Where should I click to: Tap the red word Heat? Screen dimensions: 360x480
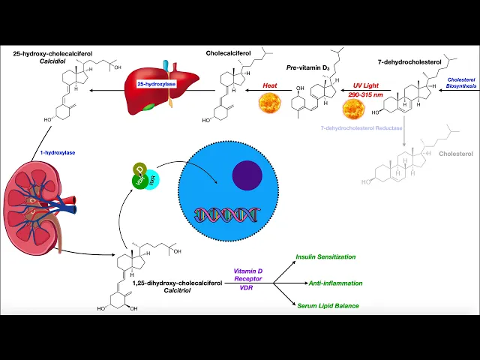tap(269, 85)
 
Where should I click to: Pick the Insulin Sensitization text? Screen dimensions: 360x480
tap(325, 256)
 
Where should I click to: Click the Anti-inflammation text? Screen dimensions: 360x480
tap(335, 283)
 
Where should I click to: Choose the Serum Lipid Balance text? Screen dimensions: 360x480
tap(327, 306)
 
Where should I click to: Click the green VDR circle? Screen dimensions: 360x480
tap(139, 180)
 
